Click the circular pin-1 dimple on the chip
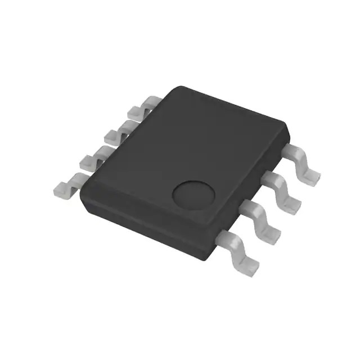(x=193, y=194)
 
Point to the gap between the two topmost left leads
(x=130, y=119)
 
